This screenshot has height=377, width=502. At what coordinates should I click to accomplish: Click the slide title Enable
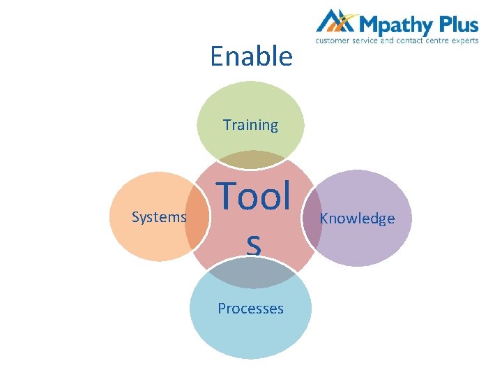(x=251, y=56)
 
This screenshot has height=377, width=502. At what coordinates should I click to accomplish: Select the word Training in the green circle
(x=250, y=125)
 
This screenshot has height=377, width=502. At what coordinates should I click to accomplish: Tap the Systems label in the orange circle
(x=159, y=217)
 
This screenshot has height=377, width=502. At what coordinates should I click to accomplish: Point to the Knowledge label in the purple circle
(x=357, y=219)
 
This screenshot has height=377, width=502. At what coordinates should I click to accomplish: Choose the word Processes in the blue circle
(x=250, y=308)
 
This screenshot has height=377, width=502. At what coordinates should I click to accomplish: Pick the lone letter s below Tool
(x=253, y=244)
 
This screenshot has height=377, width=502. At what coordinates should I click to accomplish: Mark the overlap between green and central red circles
(x=250, y=160)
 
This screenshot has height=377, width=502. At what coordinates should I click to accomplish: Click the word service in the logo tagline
(x=364, y=41)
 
